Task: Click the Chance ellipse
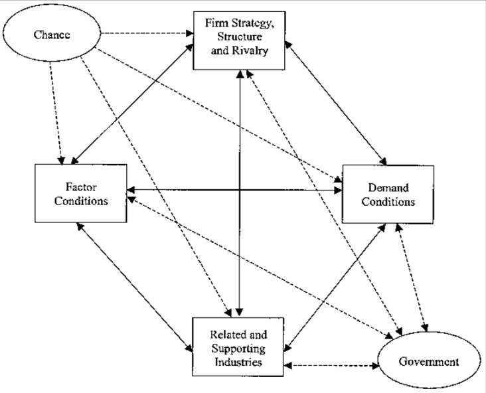[53, 35]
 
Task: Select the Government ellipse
[428, 362]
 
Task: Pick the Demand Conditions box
[388, 193]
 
